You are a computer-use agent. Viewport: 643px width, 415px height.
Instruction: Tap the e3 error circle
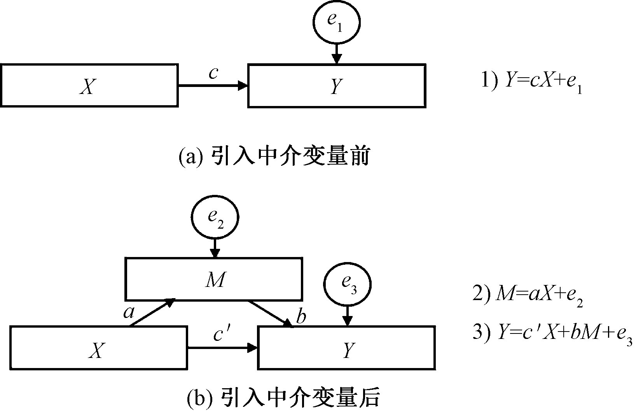[x=348, y=285]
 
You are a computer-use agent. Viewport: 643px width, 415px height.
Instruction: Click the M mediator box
[x=213, y=279]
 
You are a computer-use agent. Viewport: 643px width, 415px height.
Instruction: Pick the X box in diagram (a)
[x=90, y=85]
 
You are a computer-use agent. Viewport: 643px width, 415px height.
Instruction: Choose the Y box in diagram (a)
[x=337, y=85]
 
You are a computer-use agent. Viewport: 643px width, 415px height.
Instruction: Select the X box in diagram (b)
[x=98, y=347]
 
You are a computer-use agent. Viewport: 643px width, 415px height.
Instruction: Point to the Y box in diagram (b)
[x=346, y=347]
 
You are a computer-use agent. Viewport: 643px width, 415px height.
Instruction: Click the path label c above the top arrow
[x=213, y=73]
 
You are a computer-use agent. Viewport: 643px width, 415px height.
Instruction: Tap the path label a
[x=128, y=311]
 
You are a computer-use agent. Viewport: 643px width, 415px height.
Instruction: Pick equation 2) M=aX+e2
[x=528, y=297]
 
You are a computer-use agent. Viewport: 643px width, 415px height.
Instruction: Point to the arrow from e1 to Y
[x=337, y=53]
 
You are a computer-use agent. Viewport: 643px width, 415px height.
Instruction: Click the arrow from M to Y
[x=270, y=313]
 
